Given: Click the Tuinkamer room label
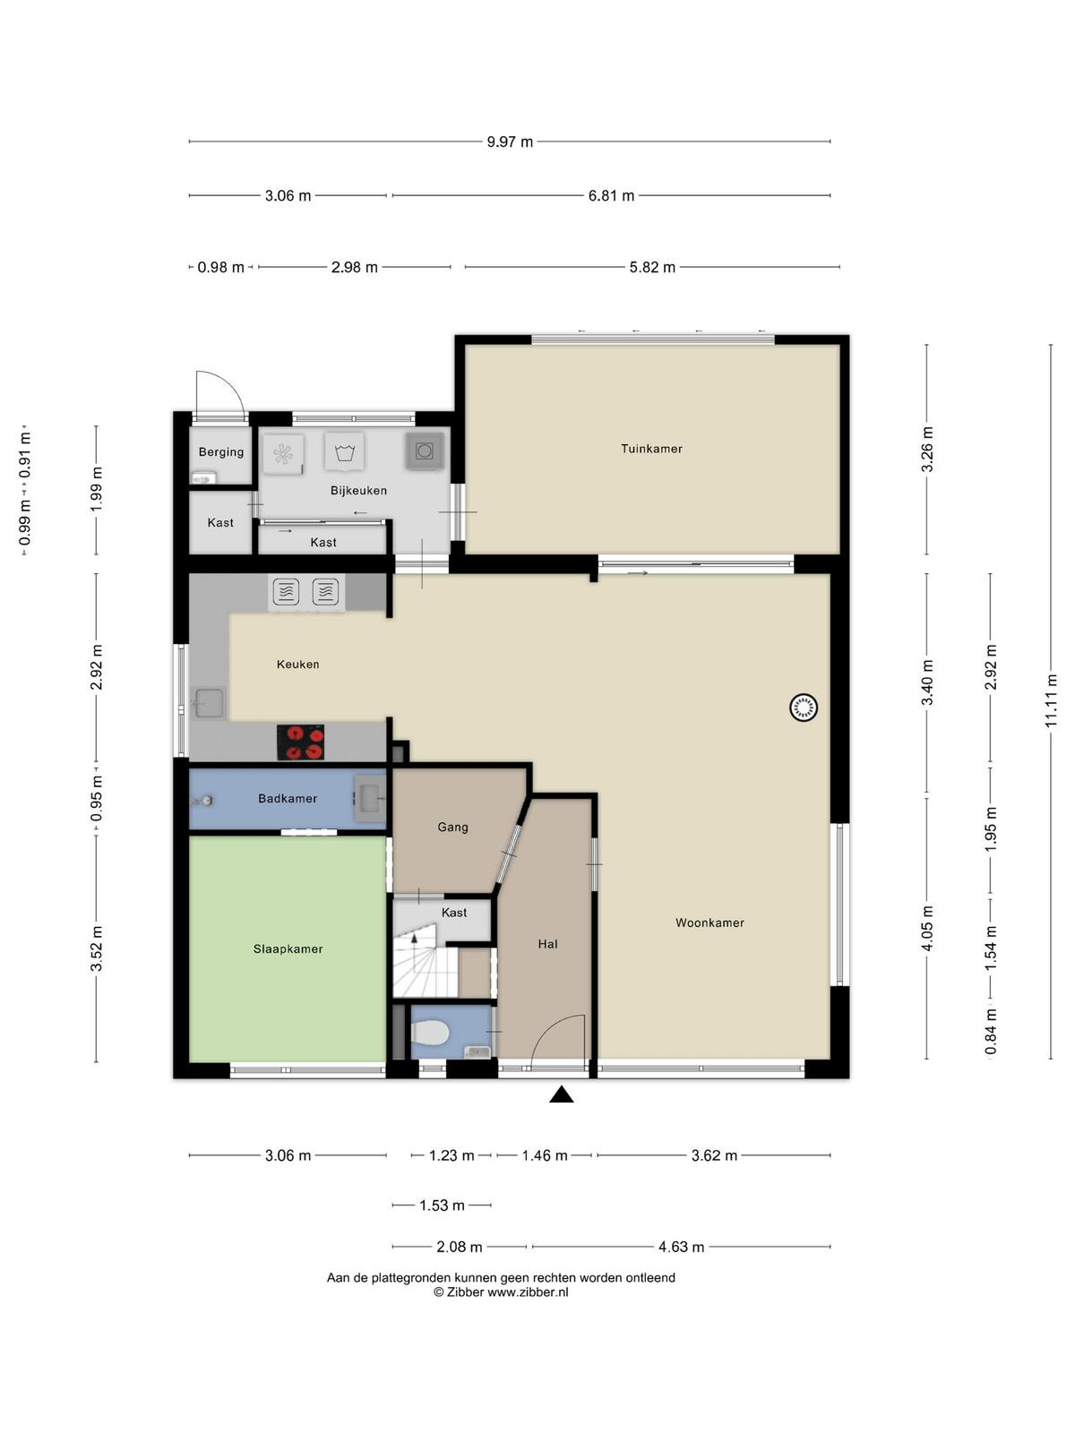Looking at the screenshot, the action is click(x=650, y=449).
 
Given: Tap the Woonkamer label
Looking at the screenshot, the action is click(x=709, y=922).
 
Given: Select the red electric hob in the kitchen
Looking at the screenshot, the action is click(x=300, y=742).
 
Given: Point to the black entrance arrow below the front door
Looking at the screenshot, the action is click(x=561, y=1094).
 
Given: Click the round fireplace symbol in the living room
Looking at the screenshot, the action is click(x=804, y=707).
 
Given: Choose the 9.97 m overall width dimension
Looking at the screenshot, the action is click(x=509, y=142).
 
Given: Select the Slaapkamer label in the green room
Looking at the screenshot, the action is click(x=288, y=948).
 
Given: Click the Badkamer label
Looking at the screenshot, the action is click(x=288, y=798).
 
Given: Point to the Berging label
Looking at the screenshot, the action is click(x=221, y=451).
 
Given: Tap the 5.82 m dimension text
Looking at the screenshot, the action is click(x=652, y=267).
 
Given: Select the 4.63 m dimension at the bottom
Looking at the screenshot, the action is click(x=681, y=1247).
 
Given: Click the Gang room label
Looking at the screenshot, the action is click(x=452, y=828).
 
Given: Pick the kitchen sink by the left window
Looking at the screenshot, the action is click(x=208, y=704).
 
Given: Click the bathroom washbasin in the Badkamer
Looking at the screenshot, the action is click(x=370, y=798).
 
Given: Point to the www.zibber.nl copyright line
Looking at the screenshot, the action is click(x=501, y=1292).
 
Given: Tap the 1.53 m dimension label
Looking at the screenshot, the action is click(x=442, y=1206).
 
